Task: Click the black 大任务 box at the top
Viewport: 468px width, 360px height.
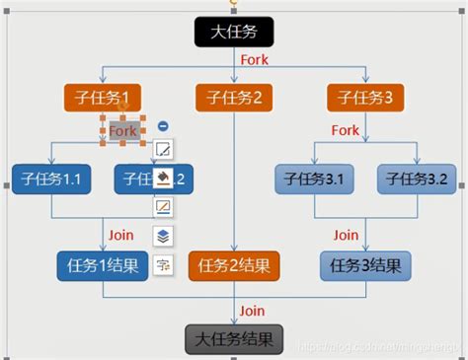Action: tap(233, 32)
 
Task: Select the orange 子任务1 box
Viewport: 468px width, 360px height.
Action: tap(103, 98)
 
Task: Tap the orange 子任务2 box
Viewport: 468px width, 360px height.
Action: tap(234, 98)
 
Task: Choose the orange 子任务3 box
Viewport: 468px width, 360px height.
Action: tap(365, 98)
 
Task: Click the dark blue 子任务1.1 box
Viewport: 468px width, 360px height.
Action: tap(50, 180)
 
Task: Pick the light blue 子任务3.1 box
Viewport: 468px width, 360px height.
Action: tap(313, 180)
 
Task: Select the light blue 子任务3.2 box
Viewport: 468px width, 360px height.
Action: tap(418, 180)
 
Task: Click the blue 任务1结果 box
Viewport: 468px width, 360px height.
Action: tap(103, 265)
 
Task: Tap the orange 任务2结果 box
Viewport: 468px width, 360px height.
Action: tap(234, 265)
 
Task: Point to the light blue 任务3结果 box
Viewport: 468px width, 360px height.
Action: tap(365, 265)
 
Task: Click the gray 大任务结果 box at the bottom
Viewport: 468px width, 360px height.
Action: tap(234, 340)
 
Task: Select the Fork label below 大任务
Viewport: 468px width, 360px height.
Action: tap(254, 60)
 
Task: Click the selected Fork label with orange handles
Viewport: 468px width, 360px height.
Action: tap(122, 130)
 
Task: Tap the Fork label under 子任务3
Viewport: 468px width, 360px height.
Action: tap(346, 130)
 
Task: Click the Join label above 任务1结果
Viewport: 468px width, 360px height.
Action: tap(120, 236)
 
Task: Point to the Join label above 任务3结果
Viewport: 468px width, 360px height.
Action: tap(346, 236)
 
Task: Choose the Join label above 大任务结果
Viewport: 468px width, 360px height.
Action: tap(253, 312)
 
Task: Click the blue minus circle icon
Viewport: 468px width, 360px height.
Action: tap(163, 126)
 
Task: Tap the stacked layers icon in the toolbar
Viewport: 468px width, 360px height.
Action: tap(163, 236)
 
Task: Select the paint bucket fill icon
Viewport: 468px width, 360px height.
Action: tap(163, 179)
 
